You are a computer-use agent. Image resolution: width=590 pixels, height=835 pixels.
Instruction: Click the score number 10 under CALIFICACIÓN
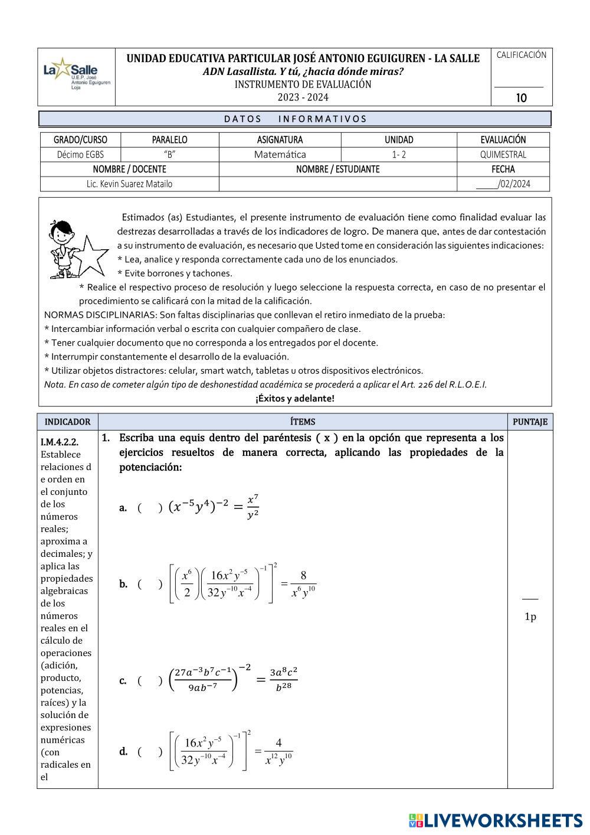(522, 98)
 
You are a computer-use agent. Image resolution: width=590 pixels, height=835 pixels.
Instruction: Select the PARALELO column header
(169, 140)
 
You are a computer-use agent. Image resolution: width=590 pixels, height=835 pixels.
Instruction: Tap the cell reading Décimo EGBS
(80, 155)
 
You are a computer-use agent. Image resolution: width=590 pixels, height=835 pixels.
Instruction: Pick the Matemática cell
(280, 155)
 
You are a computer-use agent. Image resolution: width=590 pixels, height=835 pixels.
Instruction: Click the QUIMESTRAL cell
(503, 155)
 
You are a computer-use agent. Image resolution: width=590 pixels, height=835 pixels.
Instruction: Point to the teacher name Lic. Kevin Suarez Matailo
(129, 184)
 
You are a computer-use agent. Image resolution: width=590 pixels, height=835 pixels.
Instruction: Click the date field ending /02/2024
(503, 184)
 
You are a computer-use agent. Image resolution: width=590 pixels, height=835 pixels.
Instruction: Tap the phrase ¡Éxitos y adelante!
(295, 399)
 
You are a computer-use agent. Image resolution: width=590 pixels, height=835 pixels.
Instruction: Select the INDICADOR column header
(68, 422)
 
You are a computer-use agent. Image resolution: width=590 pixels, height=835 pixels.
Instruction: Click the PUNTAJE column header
(530, 422)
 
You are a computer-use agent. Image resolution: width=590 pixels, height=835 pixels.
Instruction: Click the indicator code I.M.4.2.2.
(60, 442)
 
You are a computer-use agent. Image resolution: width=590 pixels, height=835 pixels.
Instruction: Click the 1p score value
(530, 617)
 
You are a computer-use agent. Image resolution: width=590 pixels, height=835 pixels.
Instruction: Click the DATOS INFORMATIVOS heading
(295, 119)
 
